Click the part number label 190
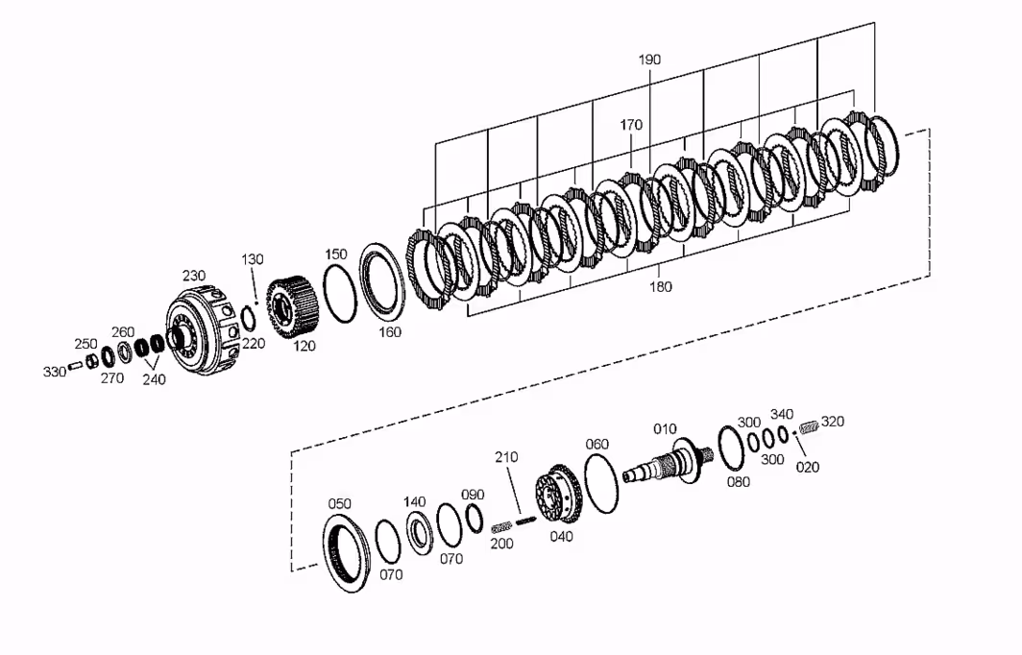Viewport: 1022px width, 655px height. [x=649, y=60]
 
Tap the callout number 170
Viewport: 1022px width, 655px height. [x=631, y=125]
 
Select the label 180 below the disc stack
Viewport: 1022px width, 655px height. [x=660, y=287]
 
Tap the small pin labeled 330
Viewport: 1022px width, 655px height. [x=75, y=366]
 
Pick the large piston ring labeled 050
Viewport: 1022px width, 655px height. [x=346, y=552]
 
